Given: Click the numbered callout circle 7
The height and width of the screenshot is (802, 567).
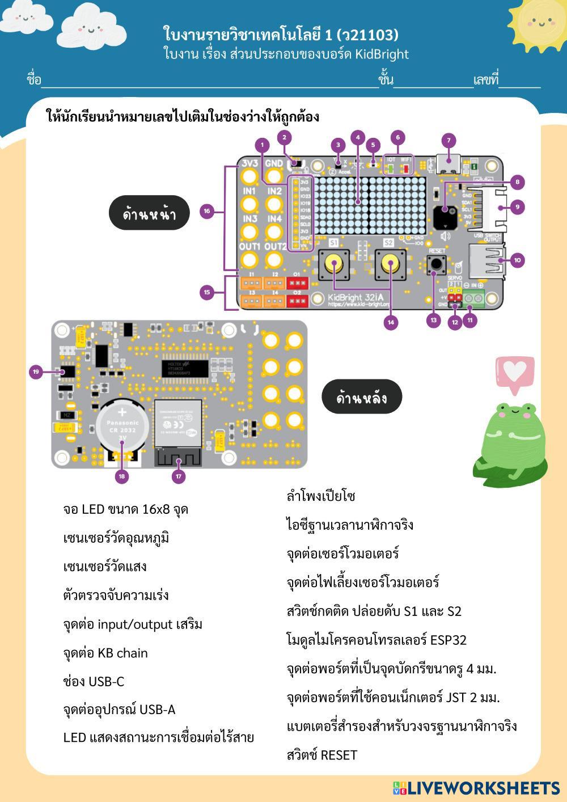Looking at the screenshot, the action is [x=448, y=140].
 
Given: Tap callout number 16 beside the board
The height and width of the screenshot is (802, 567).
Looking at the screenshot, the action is [x=207, y=211].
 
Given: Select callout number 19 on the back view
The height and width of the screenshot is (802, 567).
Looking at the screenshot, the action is [x=36, y=372].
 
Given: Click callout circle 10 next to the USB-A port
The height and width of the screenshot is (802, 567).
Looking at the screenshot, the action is [x=517, y=260].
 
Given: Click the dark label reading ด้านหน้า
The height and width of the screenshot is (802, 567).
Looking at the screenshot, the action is [x=149, y=214].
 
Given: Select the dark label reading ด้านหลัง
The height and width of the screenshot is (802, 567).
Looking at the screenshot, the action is [x=362, y=397].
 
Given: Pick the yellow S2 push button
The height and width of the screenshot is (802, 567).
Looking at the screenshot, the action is [x=390, y=263].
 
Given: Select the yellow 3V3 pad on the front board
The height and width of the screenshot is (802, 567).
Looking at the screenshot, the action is [x=249, y=176].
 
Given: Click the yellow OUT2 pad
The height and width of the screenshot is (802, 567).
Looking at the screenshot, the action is [x=274, y=260].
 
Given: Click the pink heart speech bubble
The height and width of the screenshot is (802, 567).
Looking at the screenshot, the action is [x=514, y=373].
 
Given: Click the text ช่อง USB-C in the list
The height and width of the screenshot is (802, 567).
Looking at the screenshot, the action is [x=94, y=681].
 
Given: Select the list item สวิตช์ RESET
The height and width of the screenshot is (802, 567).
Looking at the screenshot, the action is [x=322, y=755].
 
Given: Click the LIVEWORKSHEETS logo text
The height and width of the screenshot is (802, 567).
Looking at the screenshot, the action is [x=483, y=788].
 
